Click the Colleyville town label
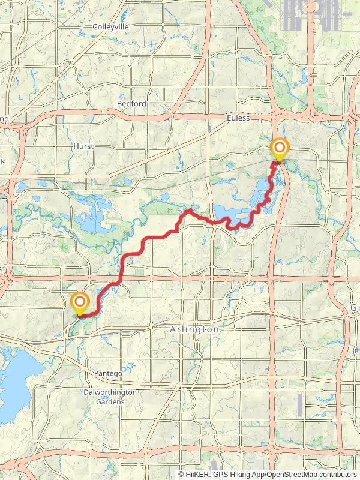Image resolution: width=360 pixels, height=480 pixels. click(x=112, y=27)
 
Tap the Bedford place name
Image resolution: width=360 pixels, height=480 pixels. click(x=131, y=104)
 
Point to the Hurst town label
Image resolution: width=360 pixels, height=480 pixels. click(x=83, y=146)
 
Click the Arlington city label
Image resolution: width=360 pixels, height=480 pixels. click(x=195, y=330)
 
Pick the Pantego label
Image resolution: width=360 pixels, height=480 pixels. click(x=108, y=373)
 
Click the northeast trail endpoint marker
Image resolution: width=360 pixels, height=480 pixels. click(x=279, y=148)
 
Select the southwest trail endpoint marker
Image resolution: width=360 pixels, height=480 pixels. click(x=79, y=302)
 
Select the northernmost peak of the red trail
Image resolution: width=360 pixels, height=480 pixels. click(x=188, y=210)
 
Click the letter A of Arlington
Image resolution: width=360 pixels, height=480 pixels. click(x=174, y=330)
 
